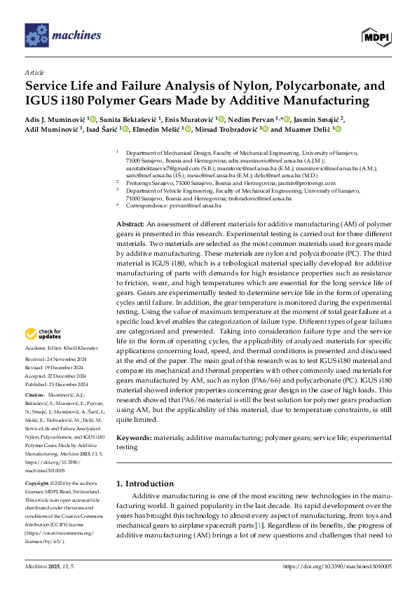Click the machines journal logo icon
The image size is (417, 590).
point(36,34)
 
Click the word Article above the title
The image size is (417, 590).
point(34,72)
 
